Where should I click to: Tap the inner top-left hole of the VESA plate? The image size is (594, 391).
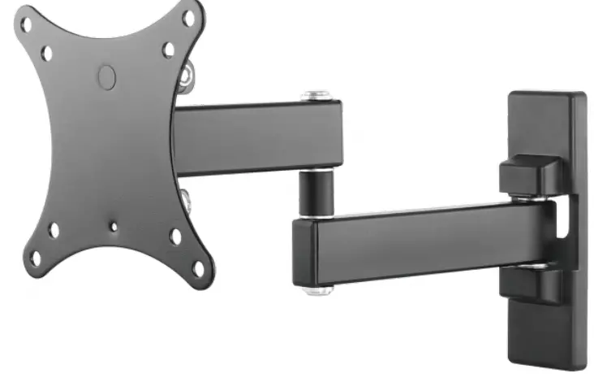click(x=47, y=54)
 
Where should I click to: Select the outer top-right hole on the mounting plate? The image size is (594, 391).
click(x=189, y=17)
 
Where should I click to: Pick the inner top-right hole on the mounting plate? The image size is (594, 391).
click(x=169, y=49)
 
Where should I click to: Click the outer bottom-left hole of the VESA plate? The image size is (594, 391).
click(x=35, y=258)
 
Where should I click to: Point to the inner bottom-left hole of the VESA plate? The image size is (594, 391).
click(x=54, y=230)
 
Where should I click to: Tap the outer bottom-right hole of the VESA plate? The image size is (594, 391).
click(x=198, y=267)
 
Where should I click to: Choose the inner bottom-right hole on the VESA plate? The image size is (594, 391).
click(x=176, y=237)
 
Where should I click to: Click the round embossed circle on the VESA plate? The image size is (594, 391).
click(x=107, y=76)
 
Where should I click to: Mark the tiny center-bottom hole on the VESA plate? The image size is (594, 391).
click(x=114, y=228)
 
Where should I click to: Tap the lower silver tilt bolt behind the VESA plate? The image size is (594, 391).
click(x=185, y=197)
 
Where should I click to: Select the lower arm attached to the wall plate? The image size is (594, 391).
click(x=422, y=240)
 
